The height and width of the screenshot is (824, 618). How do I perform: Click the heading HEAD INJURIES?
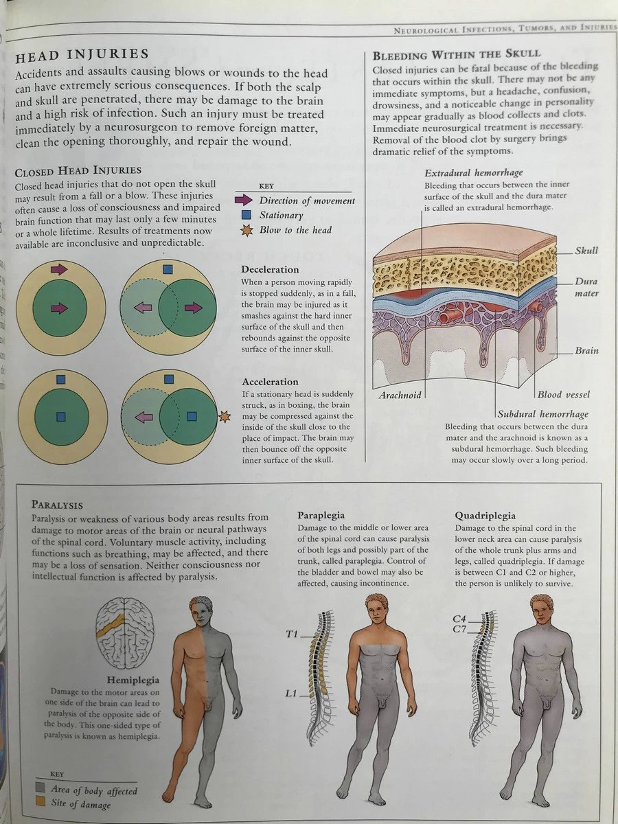click(82, 54)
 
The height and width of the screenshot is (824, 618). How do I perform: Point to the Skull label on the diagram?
click(586, 251)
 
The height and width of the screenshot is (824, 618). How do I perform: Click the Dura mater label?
click(587, 288)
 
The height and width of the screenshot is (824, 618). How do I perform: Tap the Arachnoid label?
click(400, 395)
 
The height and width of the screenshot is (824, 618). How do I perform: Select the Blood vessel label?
click(563, 395)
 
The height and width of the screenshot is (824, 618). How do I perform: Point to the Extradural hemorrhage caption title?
click(473, 173)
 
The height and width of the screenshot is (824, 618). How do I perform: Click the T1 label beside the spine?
click(291, 634)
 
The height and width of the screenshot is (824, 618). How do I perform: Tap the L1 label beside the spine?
click(290, 694)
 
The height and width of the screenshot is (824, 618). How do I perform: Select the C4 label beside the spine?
click(459, 618)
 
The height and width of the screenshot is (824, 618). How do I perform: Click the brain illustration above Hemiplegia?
click(124, 632)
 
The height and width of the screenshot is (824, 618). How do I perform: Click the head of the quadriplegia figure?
click(541, 608)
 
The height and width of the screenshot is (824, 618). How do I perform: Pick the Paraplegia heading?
click(321, 515)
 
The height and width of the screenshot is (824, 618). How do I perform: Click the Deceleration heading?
click(270, 270)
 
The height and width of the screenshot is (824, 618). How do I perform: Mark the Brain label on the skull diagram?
click(586, 350)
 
